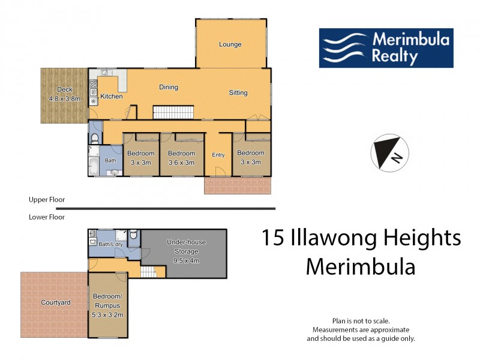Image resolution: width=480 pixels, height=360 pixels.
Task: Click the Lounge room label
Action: [x=230, y=44]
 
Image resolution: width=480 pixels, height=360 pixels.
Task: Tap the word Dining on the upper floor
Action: [x=169, y=87]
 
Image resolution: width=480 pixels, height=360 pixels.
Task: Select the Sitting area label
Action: [x=238, y=92]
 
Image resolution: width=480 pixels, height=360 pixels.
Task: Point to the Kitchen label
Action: [x=112, y=96]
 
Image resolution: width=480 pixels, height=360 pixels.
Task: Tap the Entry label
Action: [x=218, y=155]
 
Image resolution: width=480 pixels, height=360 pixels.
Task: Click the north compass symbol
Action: [x=389, y=152]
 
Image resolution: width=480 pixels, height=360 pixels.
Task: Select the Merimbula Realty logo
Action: [x=386, y=48]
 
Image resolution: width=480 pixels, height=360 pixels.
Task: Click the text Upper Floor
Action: [x=47, y=199]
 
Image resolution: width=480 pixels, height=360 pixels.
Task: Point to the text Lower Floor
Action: [x=47, y=217]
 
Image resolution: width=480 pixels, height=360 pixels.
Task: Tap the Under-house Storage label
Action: [x=186, y=245]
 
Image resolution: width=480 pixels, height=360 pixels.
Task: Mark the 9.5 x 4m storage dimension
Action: [x=186, y=261]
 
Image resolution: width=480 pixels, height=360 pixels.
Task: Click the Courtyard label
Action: [x=55, y=302]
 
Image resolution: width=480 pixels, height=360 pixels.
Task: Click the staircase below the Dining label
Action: [x=174, y=112]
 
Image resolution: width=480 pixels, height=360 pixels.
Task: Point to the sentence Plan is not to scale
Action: [x=361, y=321]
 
